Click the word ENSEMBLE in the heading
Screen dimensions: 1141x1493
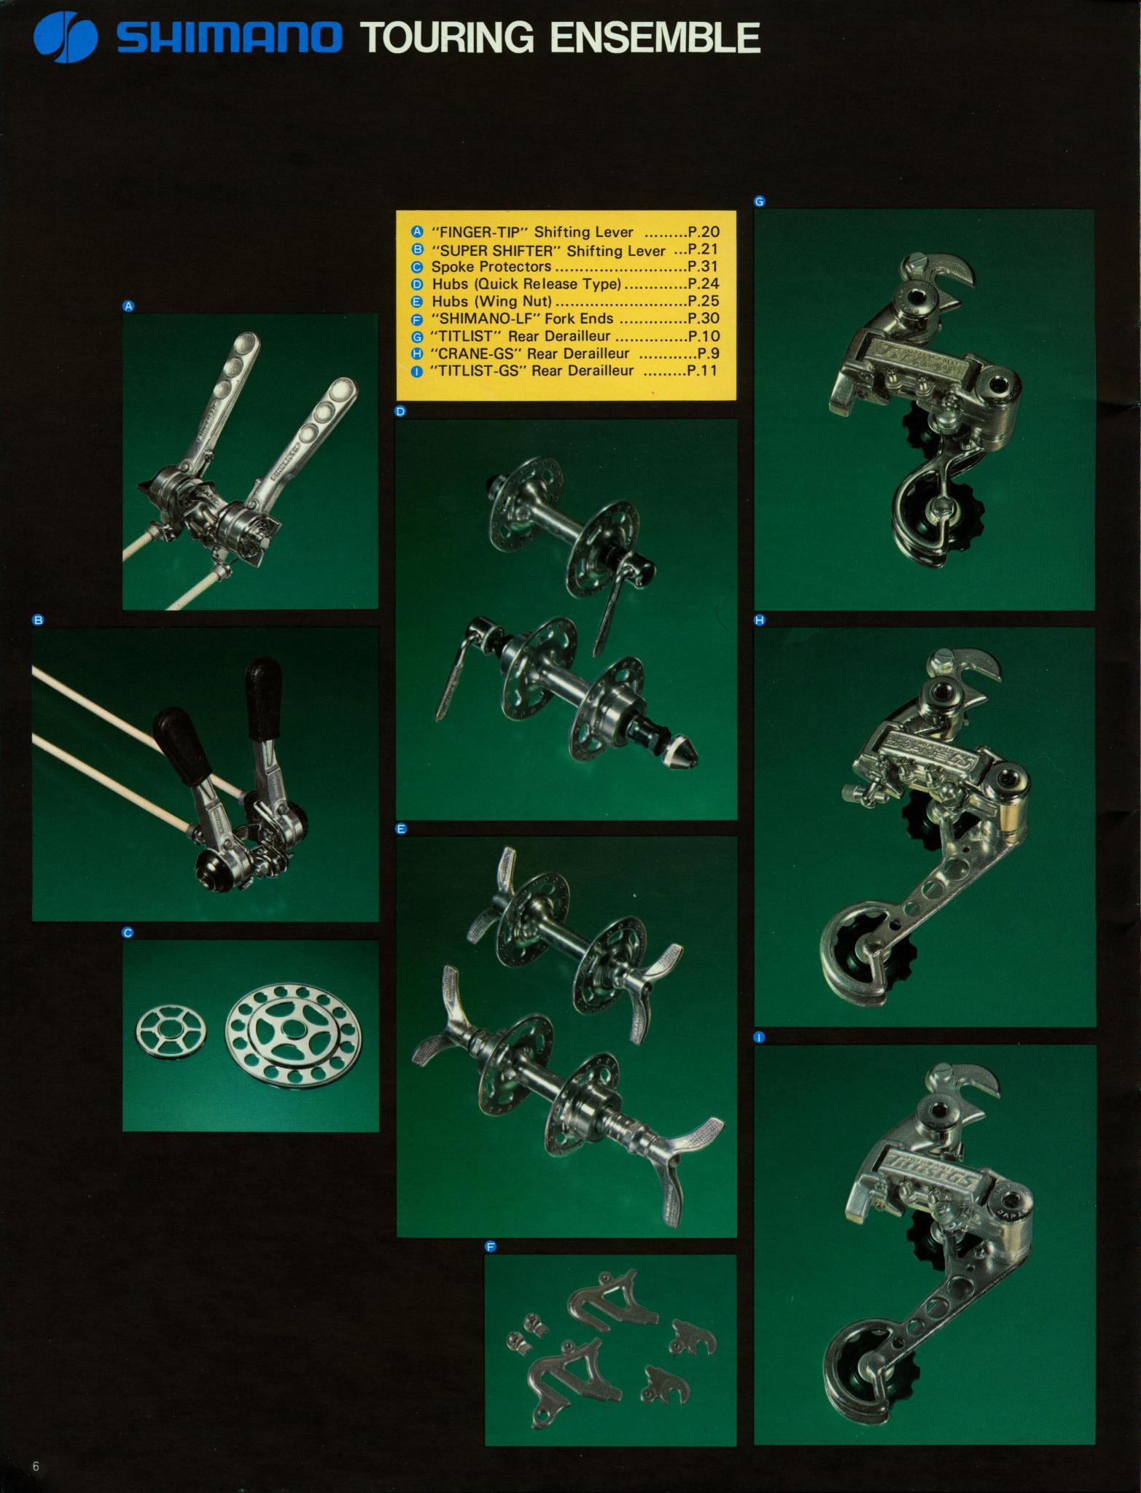pos(655,38)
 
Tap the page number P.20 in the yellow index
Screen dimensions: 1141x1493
pos(704,233)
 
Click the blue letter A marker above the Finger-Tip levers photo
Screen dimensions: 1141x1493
pos(128,307)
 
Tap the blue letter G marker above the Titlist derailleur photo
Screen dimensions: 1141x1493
pos(760,202)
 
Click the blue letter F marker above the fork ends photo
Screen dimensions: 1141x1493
pos(491,1247)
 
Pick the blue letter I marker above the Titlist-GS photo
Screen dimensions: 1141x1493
pos(760,1037)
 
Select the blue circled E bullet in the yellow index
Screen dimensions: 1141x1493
pos(418,301)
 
